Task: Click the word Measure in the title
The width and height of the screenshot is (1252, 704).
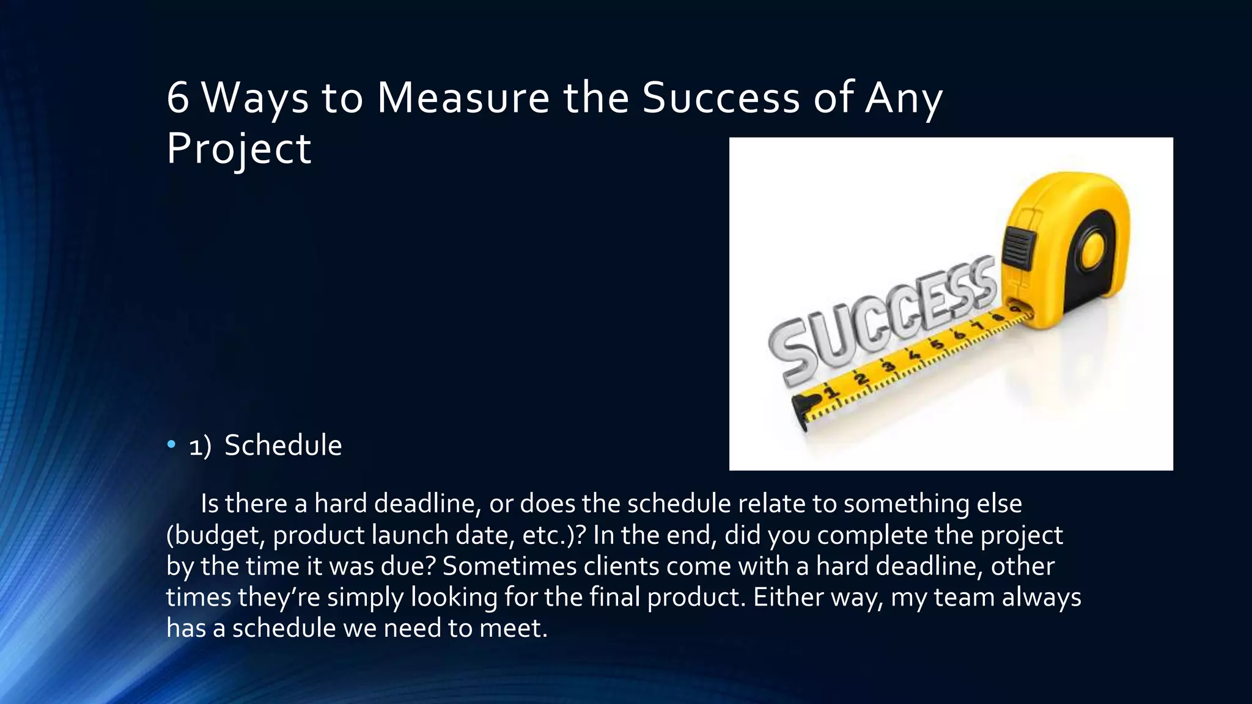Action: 463,98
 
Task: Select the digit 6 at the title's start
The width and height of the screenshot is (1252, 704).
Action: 177,98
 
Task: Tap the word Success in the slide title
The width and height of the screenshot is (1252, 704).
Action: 721,98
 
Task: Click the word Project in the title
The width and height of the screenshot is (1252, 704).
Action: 238,149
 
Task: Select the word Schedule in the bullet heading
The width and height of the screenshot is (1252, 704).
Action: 283,445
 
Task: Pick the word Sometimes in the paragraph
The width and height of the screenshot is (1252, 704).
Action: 509,566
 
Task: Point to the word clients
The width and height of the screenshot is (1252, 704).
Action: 621,566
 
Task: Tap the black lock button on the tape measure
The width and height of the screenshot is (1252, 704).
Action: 1017,247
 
